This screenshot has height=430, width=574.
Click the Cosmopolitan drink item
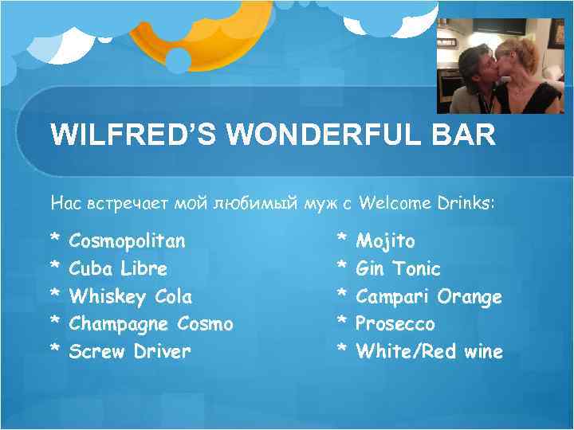127,240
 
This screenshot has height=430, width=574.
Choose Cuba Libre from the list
118,268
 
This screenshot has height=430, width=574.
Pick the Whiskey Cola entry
131,296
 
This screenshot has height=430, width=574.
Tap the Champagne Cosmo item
151,324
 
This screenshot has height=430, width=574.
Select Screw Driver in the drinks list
130,351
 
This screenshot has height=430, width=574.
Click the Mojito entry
385,240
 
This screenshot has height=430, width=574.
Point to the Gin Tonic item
398,268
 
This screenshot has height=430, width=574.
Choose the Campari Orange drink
429,296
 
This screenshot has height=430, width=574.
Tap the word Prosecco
395,324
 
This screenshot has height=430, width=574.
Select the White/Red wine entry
429,351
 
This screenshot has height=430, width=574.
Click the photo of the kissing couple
500,66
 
